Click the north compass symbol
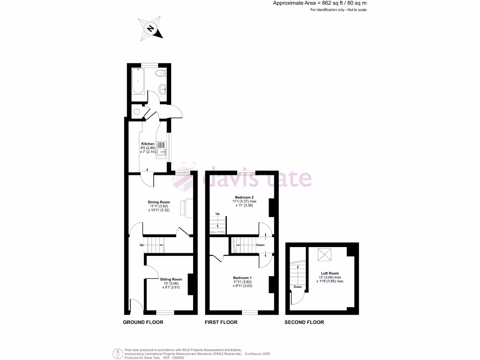point(150,29)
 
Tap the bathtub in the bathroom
point(138,81)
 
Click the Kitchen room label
point(148,144)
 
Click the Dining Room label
point(158,202)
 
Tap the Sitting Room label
point(171,279)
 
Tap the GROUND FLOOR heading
point(143,322)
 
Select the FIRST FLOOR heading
point(221,322)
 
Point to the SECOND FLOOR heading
point(304,322)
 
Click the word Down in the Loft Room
point(298,287)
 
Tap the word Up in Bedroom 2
point(217,214)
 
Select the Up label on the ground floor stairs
point(141,245)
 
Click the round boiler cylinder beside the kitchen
point(136,112)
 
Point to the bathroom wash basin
point(162,88)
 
